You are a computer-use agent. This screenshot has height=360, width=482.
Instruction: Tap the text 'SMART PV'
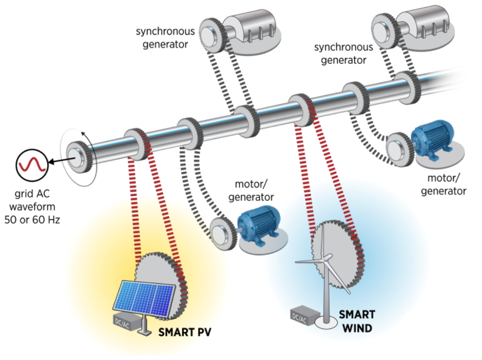185,332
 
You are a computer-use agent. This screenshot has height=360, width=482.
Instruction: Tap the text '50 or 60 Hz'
32,220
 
